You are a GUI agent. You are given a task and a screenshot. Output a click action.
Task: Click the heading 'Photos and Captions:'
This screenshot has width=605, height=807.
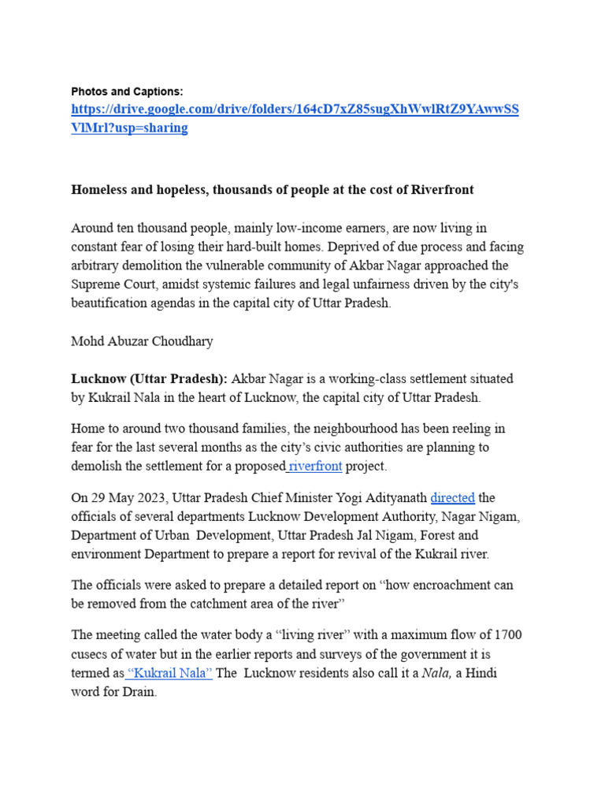(x=127, y=92)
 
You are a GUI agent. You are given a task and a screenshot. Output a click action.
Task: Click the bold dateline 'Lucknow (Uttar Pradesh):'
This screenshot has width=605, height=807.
(x=149, y=379)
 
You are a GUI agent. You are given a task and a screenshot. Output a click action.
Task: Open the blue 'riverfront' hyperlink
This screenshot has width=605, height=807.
(x=315, y=467)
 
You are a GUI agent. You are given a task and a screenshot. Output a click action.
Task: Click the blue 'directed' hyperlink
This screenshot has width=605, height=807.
(x=453, y=498)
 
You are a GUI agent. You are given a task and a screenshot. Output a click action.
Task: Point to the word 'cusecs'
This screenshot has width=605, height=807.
(x=92, y=655)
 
